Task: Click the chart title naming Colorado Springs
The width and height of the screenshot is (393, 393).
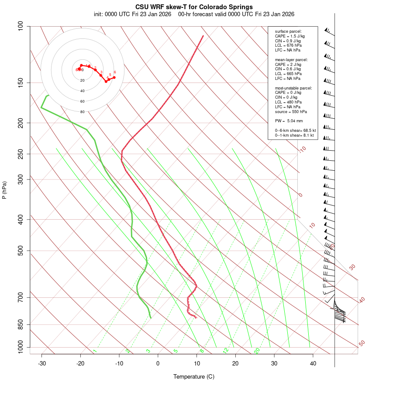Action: [194, 7]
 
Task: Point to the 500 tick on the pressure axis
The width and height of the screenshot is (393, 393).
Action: [21, 251]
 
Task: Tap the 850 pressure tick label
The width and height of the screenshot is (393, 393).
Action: [21, 324]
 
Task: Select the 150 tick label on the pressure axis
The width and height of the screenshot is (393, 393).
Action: [21, 83]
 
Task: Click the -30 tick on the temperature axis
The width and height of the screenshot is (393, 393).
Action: [42, 363]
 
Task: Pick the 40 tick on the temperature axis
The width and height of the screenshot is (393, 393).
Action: [313, 363]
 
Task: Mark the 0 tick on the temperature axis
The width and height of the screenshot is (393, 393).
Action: [158, 363]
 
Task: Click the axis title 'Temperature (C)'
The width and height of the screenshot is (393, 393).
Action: [194, 376]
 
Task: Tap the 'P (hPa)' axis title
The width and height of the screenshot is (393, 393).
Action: [4, 190]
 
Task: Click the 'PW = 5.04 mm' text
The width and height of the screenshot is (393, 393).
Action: [289, 121]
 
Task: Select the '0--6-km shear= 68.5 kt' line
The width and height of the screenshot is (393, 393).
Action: [295, 131]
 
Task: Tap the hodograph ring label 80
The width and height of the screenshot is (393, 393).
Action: [82, 112]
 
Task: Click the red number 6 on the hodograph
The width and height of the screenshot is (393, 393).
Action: [114, 72]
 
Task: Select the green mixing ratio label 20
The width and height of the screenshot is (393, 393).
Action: [257, 350]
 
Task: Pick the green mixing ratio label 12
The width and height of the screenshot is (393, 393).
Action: [226, 350]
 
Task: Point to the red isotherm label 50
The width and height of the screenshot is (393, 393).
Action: [362, 344]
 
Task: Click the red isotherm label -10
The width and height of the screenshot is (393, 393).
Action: [302, 149]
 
